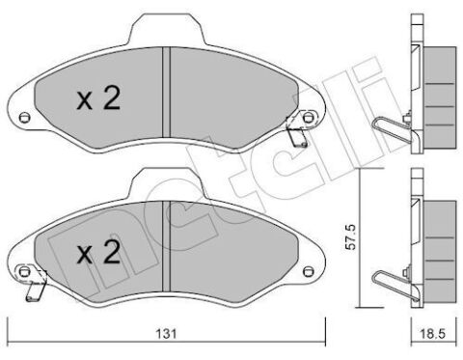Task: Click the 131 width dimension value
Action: (166, 333)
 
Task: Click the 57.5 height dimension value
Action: (351, 237)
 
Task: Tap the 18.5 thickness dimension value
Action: (433, 333)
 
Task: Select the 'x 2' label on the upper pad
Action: (98, 98)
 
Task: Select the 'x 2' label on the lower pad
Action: (98, 252)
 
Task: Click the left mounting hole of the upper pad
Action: (23, 118)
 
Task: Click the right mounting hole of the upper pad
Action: (308, 118)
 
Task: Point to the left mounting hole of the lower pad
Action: (23, 271)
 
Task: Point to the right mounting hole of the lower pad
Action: (308, 271)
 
